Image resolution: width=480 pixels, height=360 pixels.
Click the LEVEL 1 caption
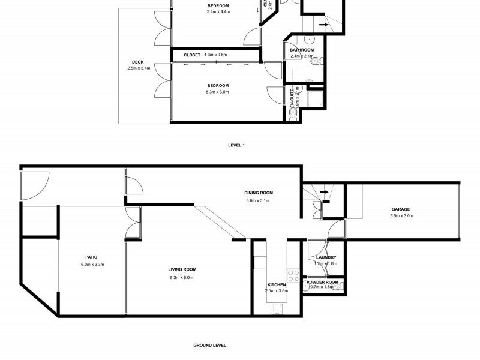236,145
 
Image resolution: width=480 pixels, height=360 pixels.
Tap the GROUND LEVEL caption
209,345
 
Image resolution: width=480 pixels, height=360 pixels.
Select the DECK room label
138,62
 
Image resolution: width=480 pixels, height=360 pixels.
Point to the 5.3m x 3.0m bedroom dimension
217,92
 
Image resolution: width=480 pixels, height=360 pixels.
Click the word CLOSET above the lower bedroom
192,55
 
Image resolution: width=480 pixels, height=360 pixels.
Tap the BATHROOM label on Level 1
302,50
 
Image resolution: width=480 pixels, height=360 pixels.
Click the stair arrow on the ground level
324,192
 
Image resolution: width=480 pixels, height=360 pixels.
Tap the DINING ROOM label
259,193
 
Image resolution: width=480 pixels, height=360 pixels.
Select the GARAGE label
401,209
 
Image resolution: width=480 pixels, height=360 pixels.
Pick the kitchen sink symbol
278,309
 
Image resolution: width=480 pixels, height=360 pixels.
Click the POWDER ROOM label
322,281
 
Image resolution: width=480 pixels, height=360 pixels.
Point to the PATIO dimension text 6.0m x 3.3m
92,264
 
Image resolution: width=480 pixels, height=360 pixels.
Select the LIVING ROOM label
182,269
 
